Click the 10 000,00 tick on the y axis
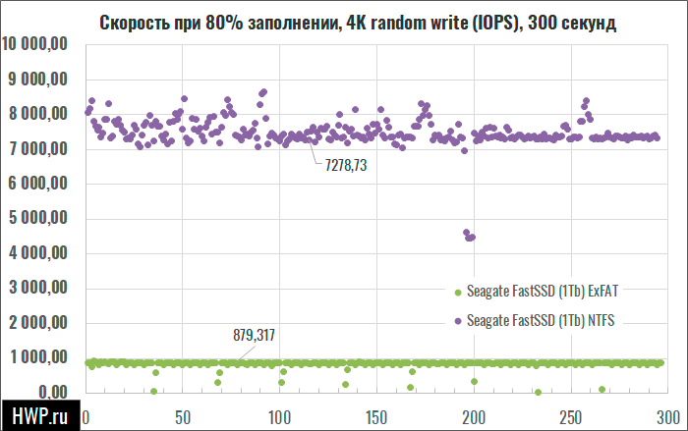click(x=35, y=44)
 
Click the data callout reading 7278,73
click(x=346, y=167)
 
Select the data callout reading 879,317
click(x=254, y=336)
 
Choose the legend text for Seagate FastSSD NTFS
click(x=545, y=320)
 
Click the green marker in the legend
click(x=456, y=292)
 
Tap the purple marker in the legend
click(x=456, y=321)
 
